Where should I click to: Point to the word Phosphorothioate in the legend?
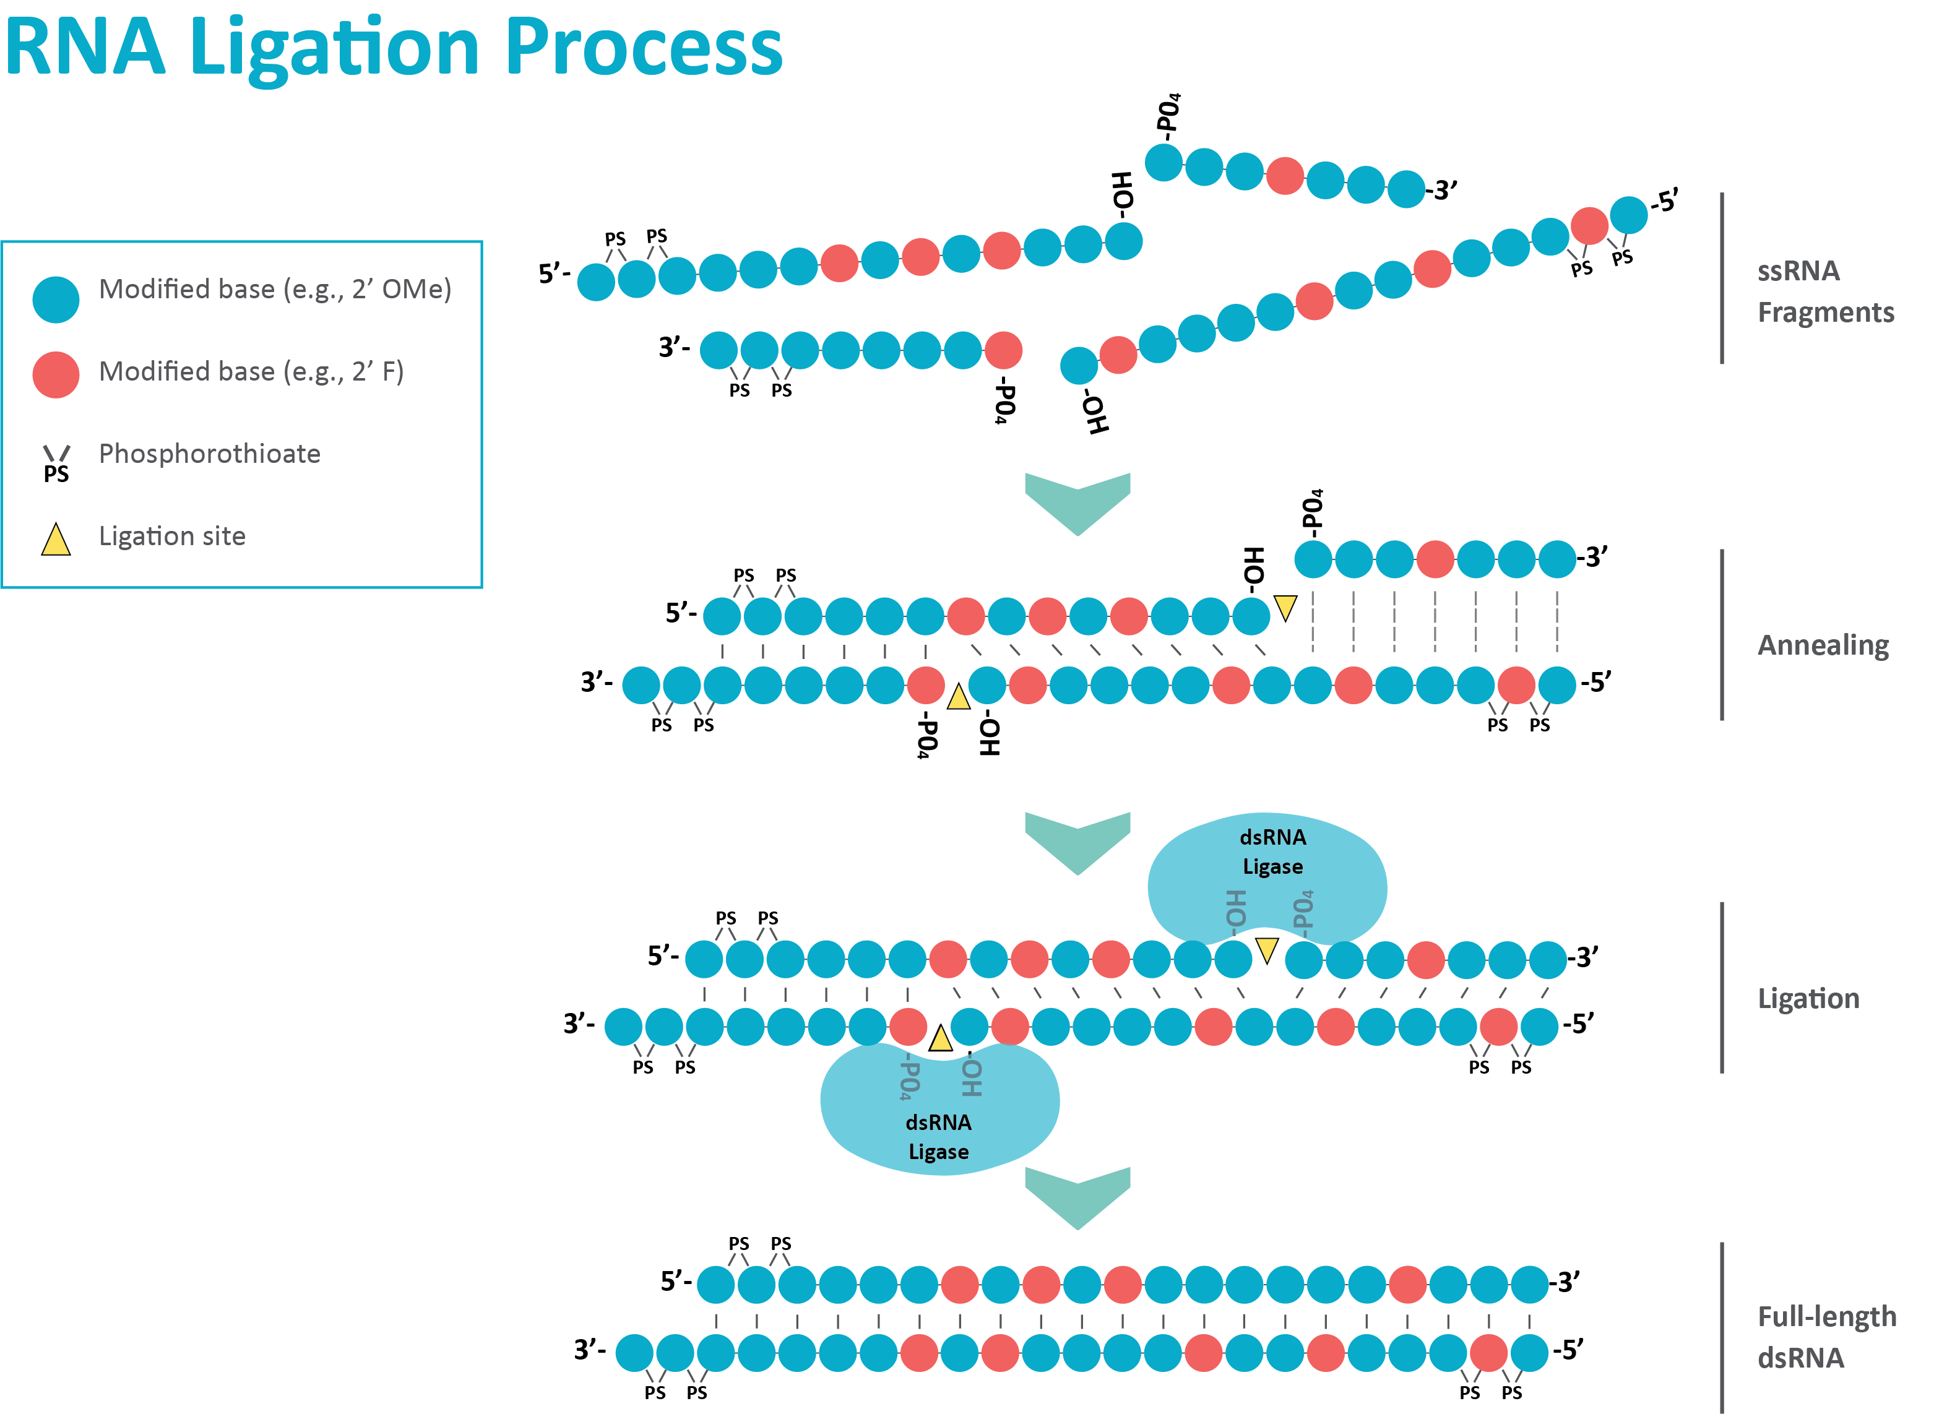tap(209, 454)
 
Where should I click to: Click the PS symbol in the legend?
tap(56, 464)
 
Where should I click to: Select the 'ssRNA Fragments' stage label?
tap(1823, 291)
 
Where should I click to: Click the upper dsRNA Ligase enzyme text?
tap(1272, 852)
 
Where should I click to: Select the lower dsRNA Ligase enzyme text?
tap(938, 1137)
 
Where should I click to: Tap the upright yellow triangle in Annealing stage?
tap(957, 697)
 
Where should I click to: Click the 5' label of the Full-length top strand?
tap(675, 1281)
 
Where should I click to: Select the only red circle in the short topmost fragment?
tap(1284, 176)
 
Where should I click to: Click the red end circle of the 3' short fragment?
tap(1003, 350)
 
